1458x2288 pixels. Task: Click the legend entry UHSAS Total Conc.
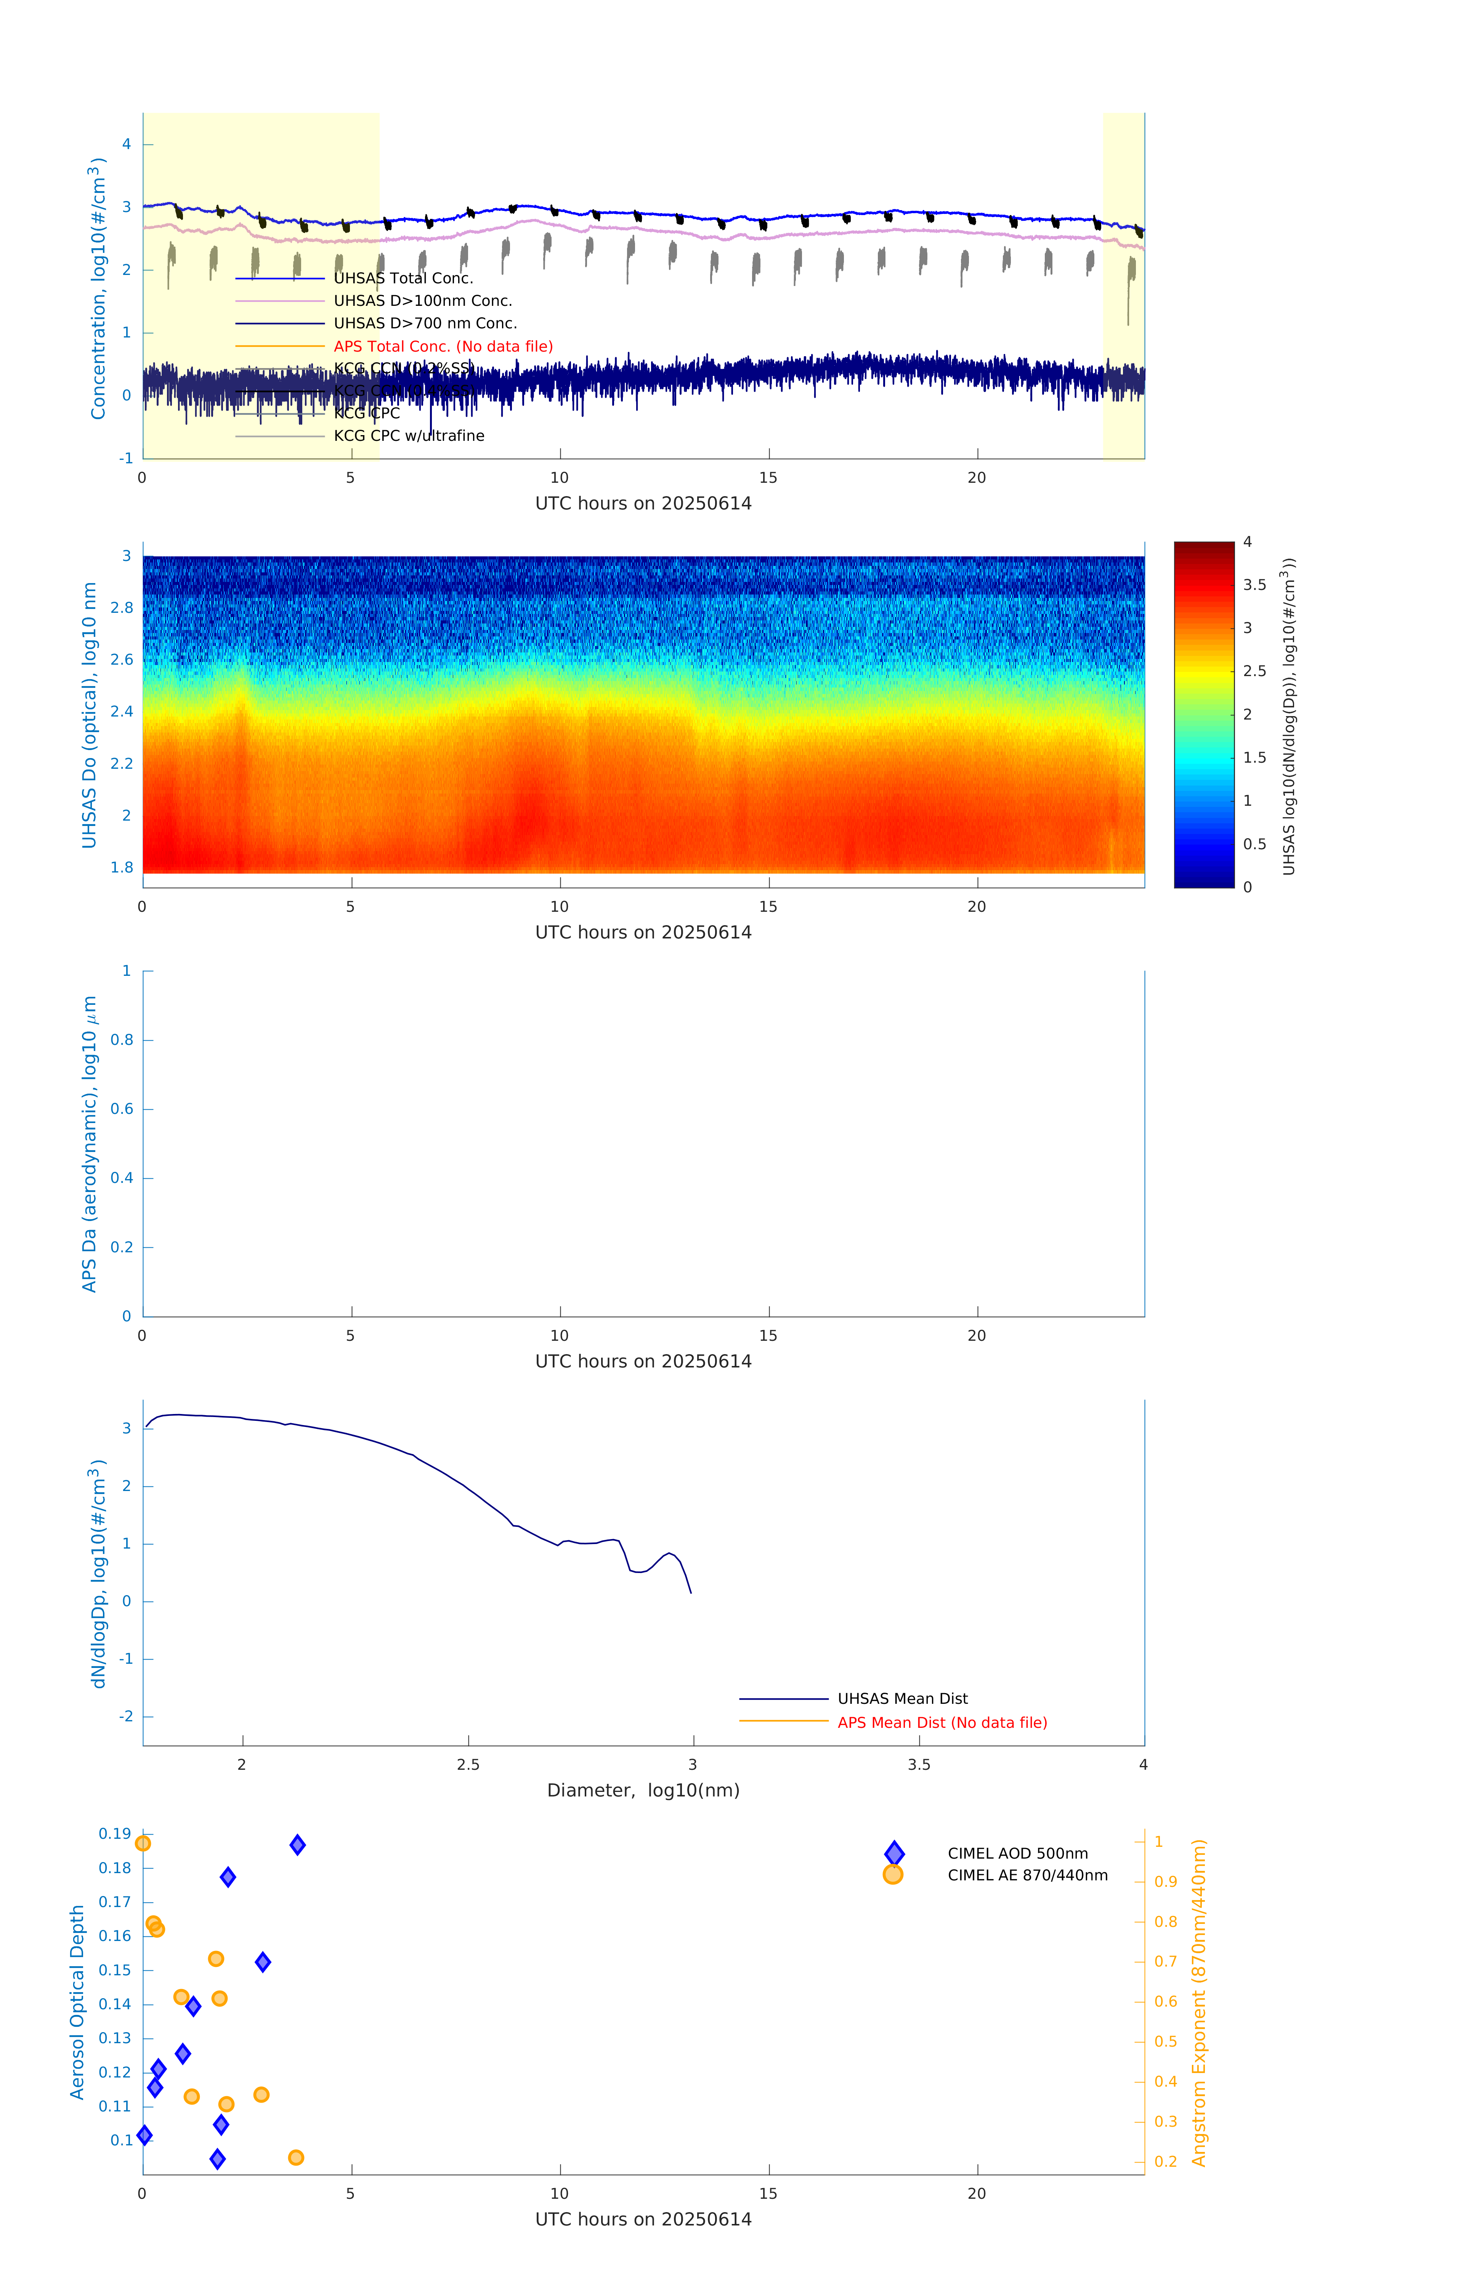[403, 278]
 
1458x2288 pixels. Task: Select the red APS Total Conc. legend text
[443, 347]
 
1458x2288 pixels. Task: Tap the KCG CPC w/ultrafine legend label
[408, 436]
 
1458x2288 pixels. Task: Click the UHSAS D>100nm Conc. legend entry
[423, 301]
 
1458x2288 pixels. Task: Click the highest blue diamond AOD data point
[297, 1845]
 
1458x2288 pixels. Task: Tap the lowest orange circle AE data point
[295, 2158]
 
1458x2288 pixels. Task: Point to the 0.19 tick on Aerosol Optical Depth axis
[115, 1834]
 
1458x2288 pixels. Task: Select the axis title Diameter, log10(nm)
[643, 1791]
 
